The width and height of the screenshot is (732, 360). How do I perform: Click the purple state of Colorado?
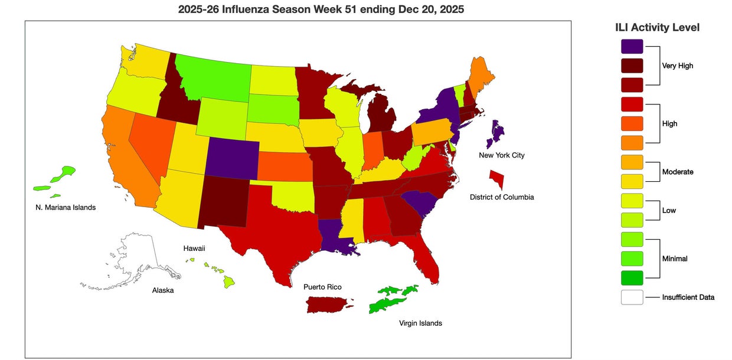click(233, 159)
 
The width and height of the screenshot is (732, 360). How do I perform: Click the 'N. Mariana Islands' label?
click(66, 207)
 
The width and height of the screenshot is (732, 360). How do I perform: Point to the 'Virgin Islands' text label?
click(420, 323)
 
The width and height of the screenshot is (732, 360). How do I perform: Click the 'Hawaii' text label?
click(194, 248)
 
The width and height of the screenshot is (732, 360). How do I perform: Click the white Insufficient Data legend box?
click(632, 297)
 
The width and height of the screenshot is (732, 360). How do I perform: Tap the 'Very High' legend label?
click(677, 66)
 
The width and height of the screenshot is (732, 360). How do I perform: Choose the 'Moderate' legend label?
click(677, 172)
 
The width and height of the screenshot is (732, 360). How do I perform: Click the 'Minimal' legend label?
click(675, 258)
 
